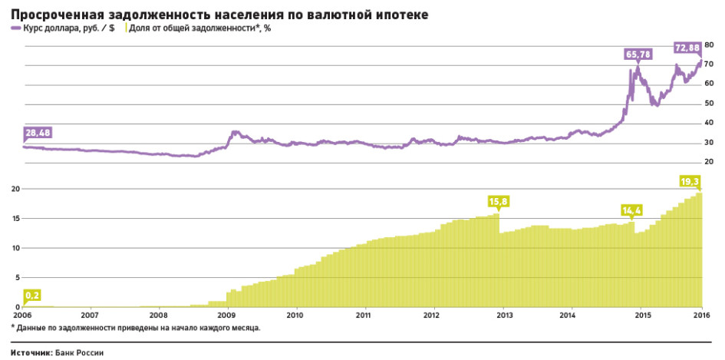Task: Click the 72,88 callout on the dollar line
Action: [687, 48]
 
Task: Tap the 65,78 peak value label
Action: [638, 54]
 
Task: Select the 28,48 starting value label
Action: [38, 133]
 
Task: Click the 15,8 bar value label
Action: [499, 202]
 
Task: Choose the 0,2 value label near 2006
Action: [33, 295]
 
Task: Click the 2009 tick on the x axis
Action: [227, 315]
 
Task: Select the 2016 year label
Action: [701, 315]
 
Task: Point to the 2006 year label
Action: [21, 315]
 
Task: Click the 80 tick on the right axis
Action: [710, 46]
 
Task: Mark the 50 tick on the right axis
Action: [710, 104]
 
